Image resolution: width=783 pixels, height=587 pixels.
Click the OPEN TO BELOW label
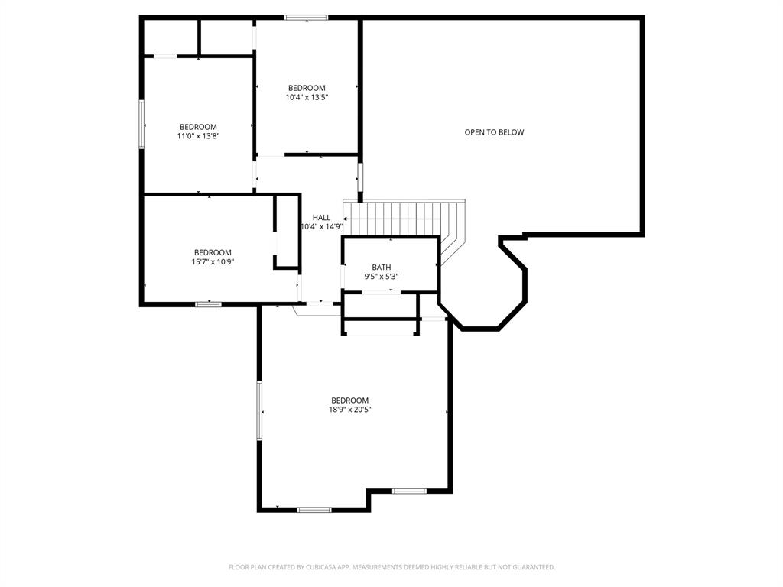click(x=494, y=132)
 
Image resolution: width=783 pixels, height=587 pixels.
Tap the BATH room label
click(x=381, y=267)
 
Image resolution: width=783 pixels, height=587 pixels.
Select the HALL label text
click(x=321, y=218)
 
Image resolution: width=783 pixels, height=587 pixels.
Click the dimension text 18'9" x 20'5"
click(x=349, y=410)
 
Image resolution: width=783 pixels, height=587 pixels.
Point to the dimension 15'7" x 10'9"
click(x=212, y=261)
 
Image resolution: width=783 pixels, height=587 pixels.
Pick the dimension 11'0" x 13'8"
click(x=198, y=136)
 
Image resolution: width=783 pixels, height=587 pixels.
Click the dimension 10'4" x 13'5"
click(x=307, y=97)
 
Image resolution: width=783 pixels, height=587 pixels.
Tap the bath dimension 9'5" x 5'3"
click(x=381, y=276)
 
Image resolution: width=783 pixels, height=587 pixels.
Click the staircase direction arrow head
click(x=346, y=219)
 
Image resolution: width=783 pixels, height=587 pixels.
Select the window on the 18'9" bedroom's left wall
click(x=259, y=410)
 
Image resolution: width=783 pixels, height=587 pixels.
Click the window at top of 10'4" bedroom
click(x=306, y=18)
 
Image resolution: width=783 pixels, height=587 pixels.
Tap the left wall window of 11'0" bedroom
click(x=141, y=124)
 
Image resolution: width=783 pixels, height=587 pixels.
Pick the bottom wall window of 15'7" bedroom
click(x=208, y=304)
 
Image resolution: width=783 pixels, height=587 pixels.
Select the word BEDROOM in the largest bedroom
click(x=349, y=401)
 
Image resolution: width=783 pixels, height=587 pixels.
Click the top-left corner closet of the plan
click(x=171, y=37)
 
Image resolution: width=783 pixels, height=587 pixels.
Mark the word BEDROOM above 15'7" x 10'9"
click(x=212, y=252)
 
